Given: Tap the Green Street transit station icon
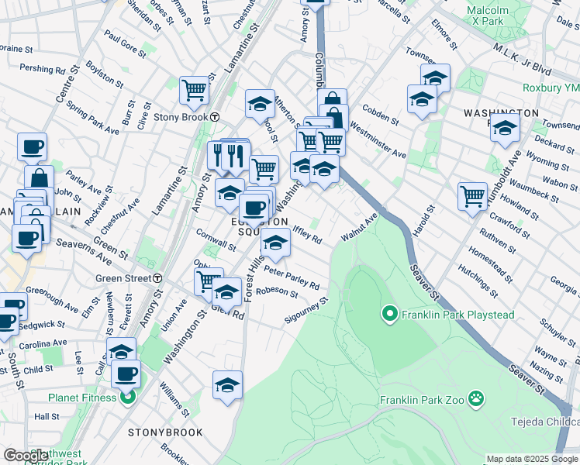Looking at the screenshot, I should (157, 277).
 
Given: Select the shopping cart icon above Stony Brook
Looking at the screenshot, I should (194, 89).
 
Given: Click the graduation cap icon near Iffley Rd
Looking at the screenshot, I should (275, 241).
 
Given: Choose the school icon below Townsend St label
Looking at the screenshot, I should (505, 128).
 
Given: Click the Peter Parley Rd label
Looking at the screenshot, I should (292, 277).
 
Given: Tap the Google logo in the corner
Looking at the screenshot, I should (26, 456).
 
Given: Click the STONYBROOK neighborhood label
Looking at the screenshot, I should (165, 432).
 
